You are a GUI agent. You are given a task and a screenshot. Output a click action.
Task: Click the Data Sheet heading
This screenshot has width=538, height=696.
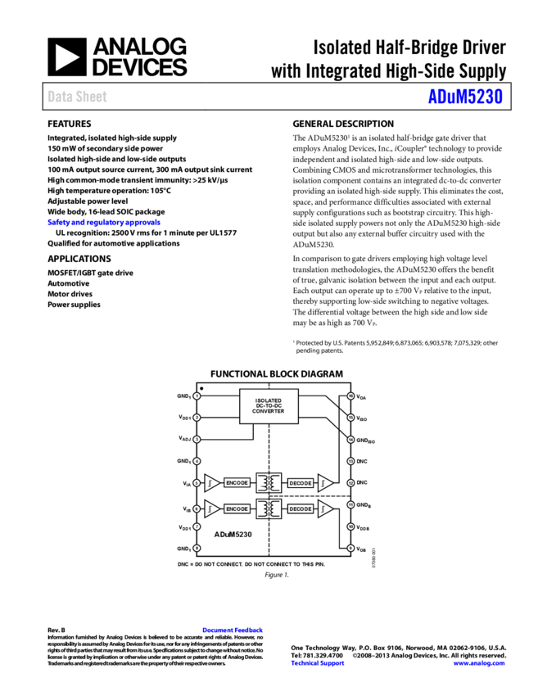point(77,97)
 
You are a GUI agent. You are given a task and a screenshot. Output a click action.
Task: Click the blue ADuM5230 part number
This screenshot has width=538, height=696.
point(464,97)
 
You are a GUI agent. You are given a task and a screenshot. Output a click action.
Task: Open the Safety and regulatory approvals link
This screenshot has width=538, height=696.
point(104,222)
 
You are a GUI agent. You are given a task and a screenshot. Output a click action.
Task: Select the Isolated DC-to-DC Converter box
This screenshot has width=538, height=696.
point(269,406)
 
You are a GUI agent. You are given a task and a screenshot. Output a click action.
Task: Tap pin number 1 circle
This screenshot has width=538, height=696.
point(197,396)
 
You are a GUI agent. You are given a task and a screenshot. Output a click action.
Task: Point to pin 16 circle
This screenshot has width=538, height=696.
point(350,396)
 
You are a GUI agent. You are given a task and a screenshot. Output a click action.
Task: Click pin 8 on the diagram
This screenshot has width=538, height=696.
point(197,548)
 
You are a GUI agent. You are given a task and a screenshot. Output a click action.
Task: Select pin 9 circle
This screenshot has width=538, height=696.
point(350,548)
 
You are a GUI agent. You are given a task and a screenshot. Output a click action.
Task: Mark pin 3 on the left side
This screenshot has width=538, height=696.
point(197,440)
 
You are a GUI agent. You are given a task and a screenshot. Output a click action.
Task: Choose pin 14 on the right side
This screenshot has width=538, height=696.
point(350,440)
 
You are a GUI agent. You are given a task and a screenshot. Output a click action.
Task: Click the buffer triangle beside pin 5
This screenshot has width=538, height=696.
point(211,483)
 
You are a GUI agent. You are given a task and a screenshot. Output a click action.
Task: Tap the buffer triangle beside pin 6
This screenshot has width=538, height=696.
point(211,508)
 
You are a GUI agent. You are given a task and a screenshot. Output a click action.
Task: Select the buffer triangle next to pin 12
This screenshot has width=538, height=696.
point(325,483)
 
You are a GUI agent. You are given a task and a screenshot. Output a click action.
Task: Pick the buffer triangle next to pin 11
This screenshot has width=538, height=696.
point(325,508)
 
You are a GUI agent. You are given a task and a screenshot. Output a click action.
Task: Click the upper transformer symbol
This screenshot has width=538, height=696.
point(269,483)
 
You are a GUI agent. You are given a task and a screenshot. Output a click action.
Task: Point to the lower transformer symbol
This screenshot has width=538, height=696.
point(269,508)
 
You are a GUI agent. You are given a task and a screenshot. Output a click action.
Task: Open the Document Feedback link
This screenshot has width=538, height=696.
point(233,630)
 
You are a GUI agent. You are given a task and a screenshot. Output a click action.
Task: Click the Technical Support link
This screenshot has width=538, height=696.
point(318,663)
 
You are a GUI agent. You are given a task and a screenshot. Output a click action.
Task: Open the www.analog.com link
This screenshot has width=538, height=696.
point(479,663)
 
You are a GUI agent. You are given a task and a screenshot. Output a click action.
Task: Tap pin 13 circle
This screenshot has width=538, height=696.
point(350,461)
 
